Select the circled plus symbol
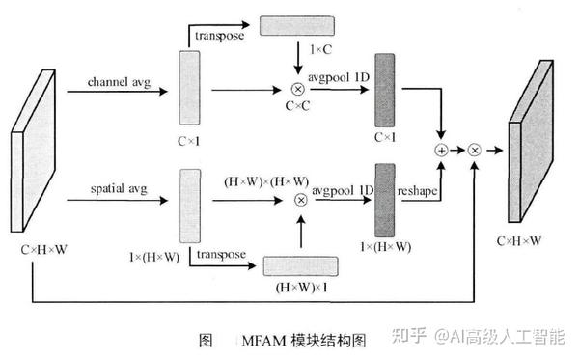point(443,151)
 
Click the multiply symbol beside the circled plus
point(475,151)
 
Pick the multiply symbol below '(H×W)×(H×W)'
point(300,200)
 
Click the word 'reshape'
point(419,192)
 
